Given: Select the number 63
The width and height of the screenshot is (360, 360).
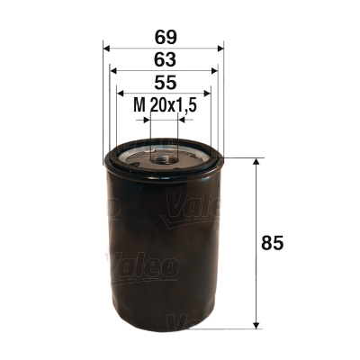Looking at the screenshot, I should [165, 61].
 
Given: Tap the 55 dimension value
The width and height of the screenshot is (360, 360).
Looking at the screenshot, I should [165, 83].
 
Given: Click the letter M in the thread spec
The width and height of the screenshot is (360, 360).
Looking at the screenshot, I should [139, 105].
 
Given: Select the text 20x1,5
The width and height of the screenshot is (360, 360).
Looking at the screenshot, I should [174, 105].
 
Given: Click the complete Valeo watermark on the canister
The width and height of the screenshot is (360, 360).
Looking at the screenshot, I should [144, 265].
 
